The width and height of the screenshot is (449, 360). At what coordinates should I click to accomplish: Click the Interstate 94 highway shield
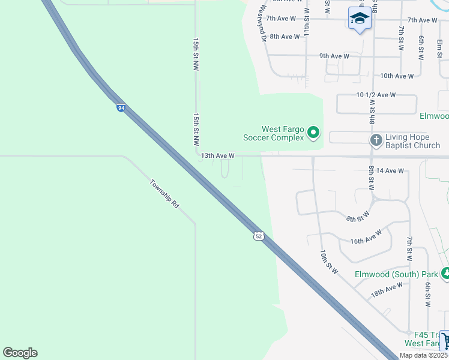[121, 108]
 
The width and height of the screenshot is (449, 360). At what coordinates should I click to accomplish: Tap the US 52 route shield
[258, 236]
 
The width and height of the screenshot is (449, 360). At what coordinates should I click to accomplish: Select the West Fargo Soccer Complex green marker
[313, 133]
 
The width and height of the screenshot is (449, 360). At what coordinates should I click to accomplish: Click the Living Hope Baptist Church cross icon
[376, 140]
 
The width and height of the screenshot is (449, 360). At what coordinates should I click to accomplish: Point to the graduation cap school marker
[360, 18]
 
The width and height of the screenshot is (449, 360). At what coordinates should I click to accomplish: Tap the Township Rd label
[164, 193]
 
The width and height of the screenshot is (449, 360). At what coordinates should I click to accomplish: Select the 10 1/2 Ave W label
[376, 95]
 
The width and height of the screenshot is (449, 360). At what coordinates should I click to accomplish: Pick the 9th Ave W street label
[334, 56]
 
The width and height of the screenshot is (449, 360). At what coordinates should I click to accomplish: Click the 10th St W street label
[330, 262]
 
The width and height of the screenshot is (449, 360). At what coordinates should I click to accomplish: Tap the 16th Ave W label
[366, 237]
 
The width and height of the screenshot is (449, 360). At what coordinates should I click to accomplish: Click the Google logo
[20, 353]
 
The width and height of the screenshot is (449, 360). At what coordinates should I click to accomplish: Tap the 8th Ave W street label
[285, 37]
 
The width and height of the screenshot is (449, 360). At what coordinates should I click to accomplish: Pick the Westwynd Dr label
[262, 24]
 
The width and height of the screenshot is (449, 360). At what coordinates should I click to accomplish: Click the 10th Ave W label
[397, 76]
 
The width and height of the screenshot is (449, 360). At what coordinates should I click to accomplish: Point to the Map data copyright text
[423, 355]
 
